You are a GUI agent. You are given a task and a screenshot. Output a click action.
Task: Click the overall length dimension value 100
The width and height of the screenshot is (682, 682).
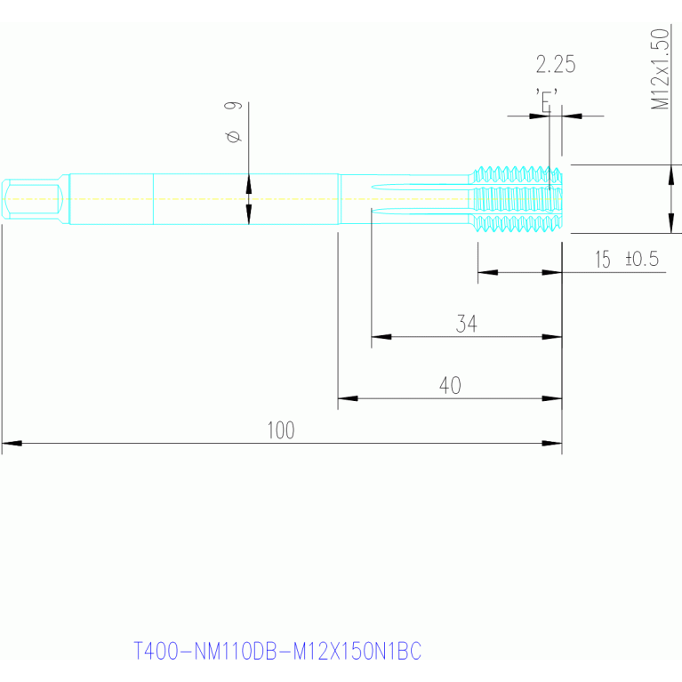(281, 430)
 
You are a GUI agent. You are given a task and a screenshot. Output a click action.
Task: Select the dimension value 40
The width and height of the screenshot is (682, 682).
(450, 385)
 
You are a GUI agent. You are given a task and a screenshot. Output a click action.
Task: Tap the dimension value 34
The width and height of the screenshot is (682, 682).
(466, 324)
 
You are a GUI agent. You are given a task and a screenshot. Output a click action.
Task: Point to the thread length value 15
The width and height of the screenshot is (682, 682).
(602, 260)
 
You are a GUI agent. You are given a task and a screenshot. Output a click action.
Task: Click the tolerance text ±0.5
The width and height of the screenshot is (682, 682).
(642, 259)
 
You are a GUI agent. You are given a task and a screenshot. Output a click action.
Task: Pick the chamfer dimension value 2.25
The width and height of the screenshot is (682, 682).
(556, 64)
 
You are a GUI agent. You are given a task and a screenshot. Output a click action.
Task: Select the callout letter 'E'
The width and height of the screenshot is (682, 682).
(547, 100)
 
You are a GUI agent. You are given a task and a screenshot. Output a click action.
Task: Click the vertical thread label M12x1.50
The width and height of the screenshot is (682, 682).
(660, 68)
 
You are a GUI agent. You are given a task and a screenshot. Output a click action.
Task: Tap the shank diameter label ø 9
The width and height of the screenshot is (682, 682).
(233, 122)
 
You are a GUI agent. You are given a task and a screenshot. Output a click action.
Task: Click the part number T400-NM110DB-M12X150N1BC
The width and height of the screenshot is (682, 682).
(277, 651)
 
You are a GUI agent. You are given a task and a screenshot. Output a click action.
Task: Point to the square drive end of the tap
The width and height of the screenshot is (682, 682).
(33, 199)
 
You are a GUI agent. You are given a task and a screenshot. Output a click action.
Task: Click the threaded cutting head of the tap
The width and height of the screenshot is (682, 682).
(517, 199)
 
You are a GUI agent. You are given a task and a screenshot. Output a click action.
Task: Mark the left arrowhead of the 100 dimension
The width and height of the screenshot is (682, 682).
(12, 443)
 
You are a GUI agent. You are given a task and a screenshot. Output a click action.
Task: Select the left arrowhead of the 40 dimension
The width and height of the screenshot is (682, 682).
(348, 398)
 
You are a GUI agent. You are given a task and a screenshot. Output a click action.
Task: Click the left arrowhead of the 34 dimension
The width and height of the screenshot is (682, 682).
(381, 337)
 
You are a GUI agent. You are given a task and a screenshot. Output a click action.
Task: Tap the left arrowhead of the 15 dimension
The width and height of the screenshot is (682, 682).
(487, 272)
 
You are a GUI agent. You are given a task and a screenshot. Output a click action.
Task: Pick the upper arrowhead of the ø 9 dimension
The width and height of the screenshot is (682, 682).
(249, 183)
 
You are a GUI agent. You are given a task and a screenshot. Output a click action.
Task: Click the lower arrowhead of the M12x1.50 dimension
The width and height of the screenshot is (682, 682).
(671, 223)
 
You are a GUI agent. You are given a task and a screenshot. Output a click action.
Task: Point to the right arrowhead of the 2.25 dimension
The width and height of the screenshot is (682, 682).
(572, 116)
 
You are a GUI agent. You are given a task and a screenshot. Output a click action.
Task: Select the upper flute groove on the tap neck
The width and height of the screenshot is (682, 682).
(421, 187)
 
